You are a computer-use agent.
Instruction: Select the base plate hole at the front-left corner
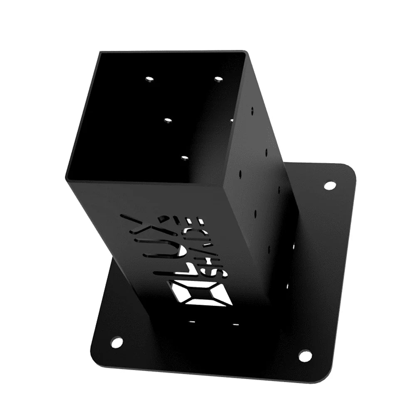click(x=117, y=342)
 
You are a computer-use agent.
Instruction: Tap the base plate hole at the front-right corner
click(x=305, y=356)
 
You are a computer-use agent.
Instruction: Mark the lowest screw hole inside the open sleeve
click(x=184, y=158)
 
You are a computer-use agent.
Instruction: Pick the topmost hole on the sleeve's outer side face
click(x=252, y=111)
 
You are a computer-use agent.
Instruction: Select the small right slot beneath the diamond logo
click(x=235, y=324)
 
